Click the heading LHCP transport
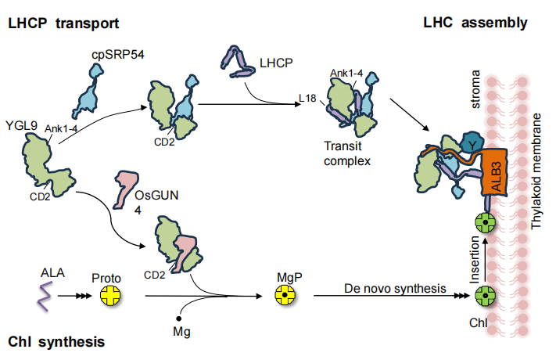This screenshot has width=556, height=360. tap(63, 23)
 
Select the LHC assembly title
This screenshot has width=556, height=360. tap(475, 23)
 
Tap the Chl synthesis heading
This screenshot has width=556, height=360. tap(56, 341)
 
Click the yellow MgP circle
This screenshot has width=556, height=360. tap(284, 296)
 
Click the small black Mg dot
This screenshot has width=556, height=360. tap(180, 319)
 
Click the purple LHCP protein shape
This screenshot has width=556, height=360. tap(235, 62)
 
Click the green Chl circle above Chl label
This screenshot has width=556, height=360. tap(486, 297)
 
